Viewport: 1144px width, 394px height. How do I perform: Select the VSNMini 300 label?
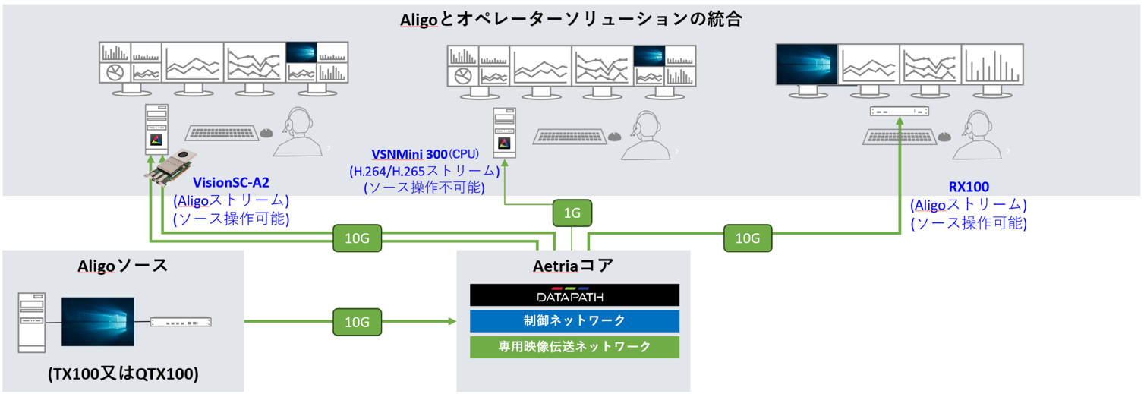point(408,154)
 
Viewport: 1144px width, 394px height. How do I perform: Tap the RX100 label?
point(968,187)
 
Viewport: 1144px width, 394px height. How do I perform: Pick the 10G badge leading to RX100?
point(748,238)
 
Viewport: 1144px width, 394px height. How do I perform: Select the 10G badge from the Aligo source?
point(357,322)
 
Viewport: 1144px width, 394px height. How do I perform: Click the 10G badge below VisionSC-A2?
point(357,238)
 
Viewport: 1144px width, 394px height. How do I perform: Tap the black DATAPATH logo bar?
point(574,295)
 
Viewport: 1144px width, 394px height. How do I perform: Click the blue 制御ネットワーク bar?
point(574,320)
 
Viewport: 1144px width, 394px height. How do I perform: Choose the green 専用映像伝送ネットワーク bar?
point(574,346)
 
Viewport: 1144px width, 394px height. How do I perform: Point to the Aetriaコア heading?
point(575,267)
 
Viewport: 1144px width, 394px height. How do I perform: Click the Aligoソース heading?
point(122,266)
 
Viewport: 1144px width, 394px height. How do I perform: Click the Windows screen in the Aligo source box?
point(98,322)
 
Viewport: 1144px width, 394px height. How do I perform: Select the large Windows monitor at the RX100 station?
point(806,64)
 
